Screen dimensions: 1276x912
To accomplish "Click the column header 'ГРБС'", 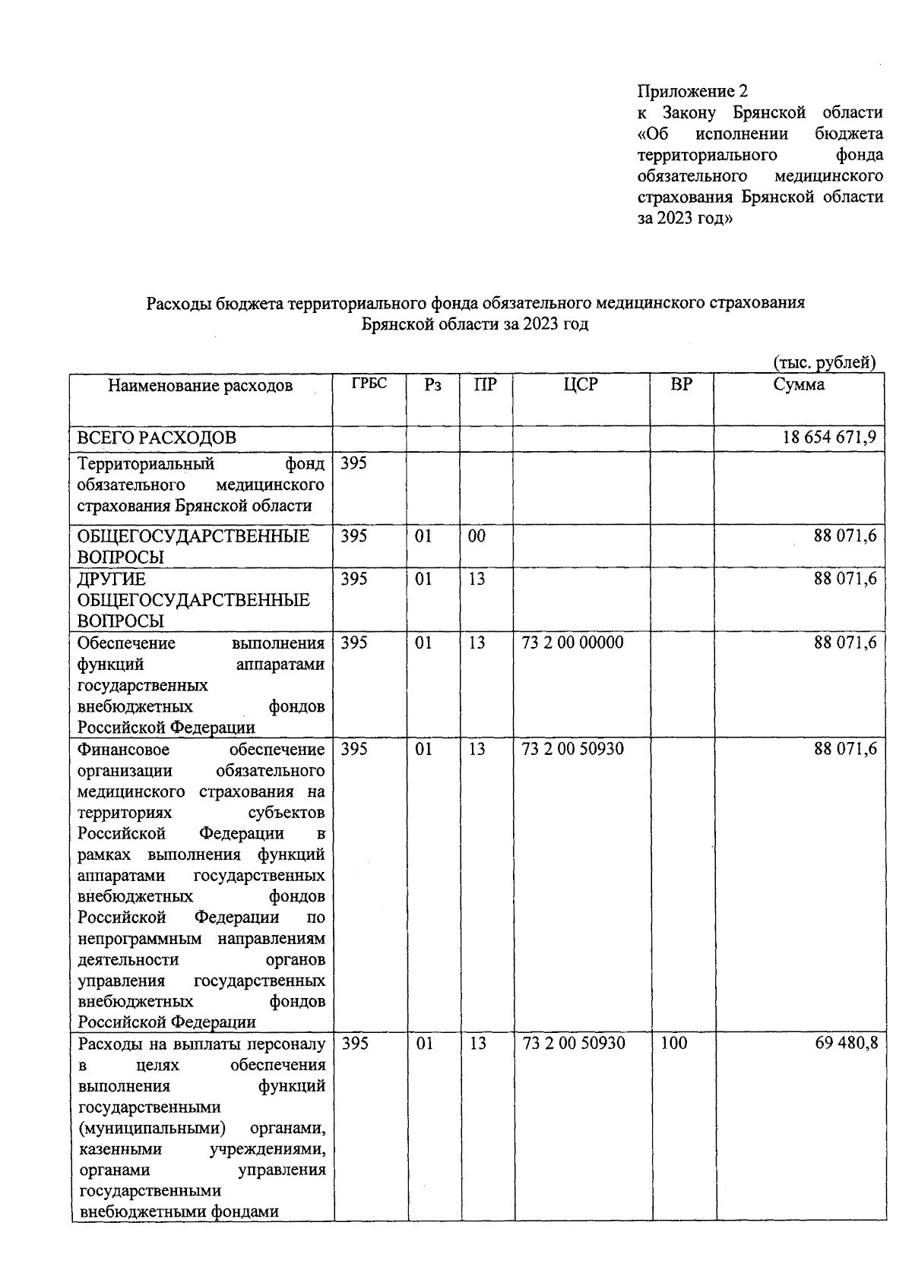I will pos(369,384).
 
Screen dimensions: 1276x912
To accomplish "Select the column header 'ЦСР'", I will pos(581,385).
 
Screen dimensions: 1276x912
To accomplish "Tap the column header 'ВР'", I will pos(681,385).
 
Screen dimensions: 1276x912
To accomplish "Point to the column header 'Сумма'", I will pos(799,385).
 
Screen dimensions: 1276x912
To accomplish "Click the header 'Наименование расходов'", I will pos(200,386).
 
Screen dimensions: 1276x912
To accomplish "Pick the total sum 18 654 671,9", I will pos(829,438).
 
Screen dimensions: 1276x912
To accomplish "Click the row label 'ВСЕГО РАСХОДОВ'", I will pos(157,438).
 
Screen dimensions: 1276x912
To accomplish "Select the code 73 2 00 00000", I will pos(573,643).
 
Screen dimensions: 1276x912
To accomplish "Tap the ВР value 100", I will pos(673,1044).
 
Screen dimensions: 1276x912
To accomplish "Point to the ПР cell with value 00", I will pos(477,536).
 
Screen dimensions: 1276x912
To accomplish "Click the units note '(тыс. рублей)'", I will pos(824,363).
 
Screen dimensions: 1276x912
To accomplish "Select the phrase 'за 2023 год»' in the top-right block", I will pos(685,219).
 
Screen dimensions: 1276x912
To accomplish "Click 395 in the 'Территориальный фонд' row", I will pos(353,463).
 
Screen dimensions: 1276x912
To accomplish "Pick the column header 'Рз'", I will pos(432,385).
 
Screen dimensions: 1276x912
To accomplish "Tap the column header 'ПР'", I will pos(485,385).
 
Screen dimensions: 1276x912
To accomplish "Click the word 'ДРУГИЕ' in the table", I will pos(112,580).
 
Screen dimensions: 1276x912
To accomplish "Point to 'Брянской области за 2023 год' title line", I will pos(475,325).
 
